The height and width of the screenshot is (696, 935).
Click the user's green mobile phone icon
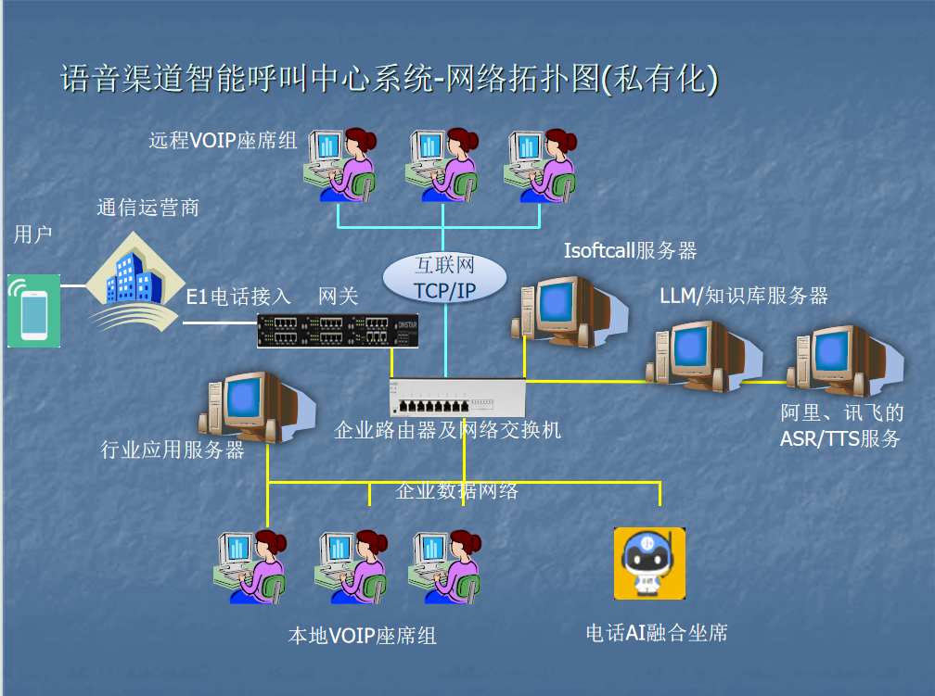click(x=33, y=310)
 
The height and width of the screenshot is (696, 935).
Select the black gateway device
click(x=337, y=330)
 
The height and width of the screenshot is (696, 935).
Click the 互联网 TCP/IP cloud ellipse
click(x=445, y=277)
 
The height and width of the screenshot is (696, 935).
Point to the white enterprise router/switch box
click(x=457, y=399)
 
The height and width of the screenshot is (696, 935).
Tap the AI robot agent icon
click(x=649, y=563)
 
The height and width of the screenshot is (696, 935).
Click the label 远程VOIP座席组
click(x=223, y=141)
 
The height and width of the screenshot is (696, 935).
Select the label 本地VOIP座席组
click(x=362, y=636)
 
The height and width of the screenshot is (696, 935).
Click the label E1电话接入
click(x=238, y=297)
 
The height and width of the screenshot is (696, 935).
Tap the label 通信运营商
click(x=147, y=208)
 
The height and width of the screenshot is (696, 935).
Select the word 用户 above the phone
click(x=32, y=234)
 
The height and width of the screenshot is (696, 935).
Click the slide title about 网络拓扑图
click(x=389, y=79)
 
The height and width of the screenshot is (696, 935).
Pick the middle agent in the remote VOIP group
click(x=442, y=163)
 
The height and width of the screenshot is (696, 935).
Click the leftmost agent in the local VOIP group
click(x=250, y=565)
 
